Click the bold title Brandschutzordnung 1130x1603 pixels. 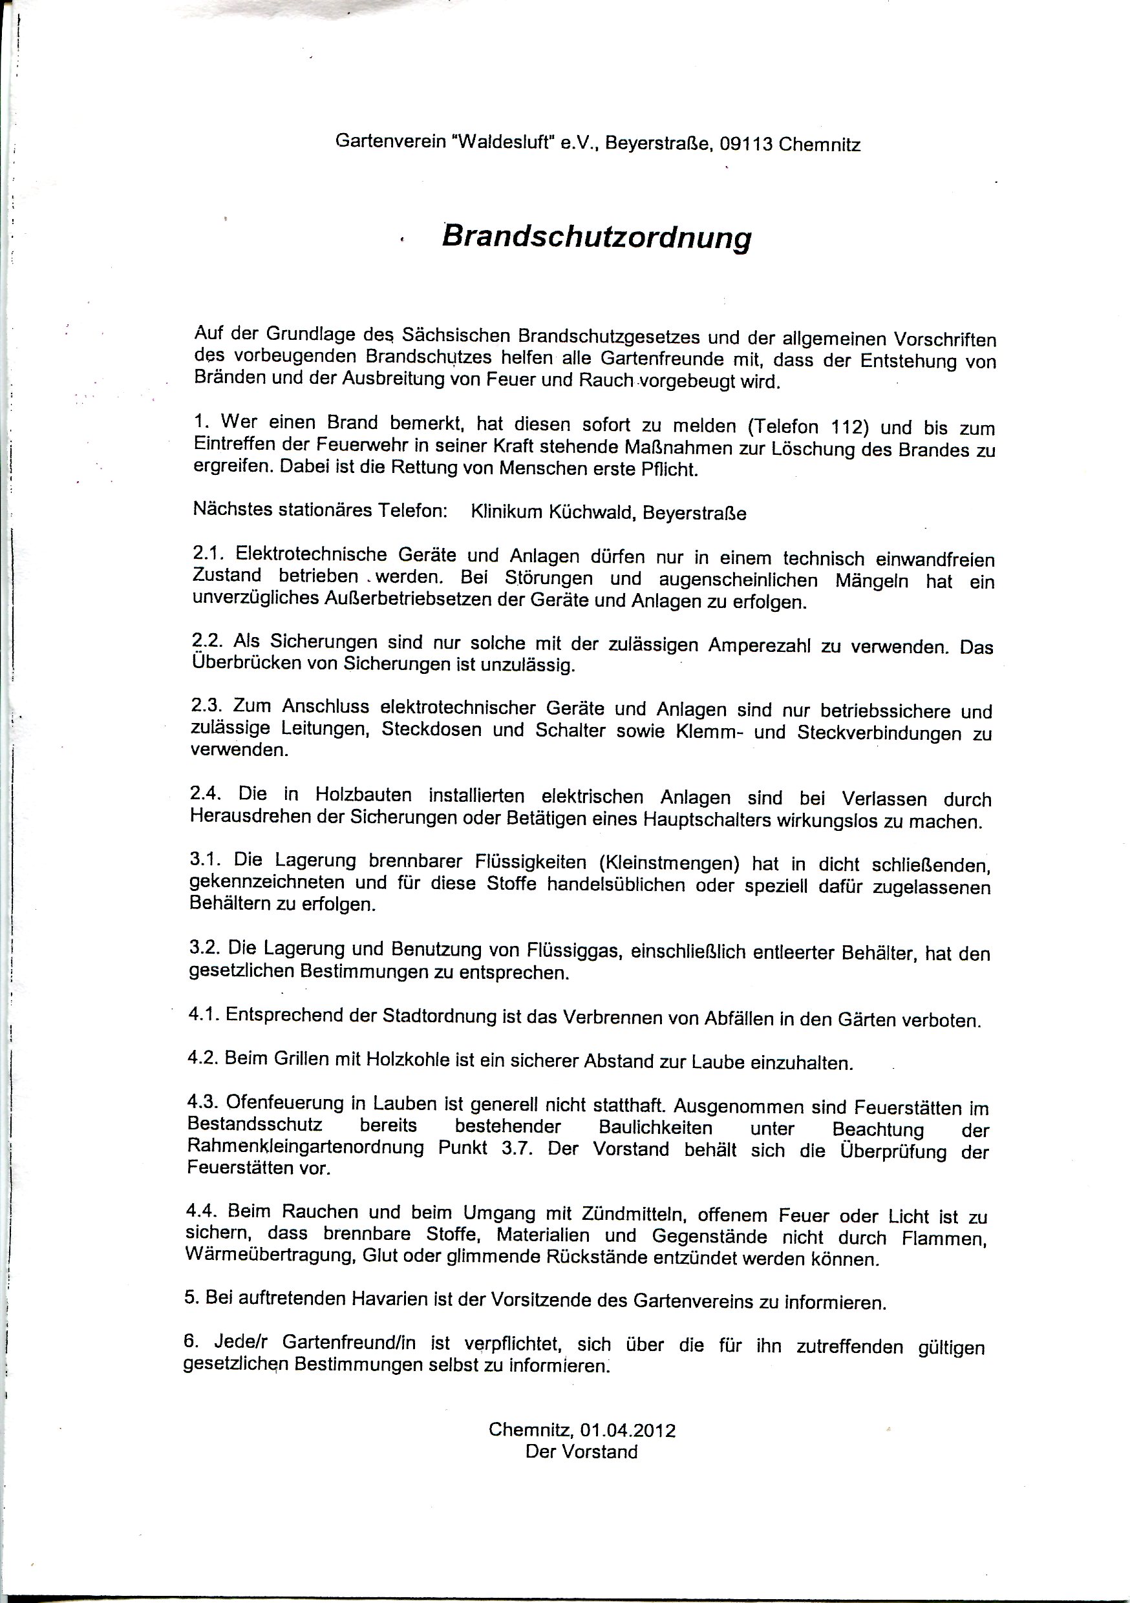click(597, 237)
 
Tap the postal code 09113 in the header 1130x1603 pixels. click(747, 145)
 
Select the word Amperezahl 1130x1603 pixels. click(759, 645)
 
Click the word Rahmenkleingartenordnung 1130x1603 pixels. click(305, 1147)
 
